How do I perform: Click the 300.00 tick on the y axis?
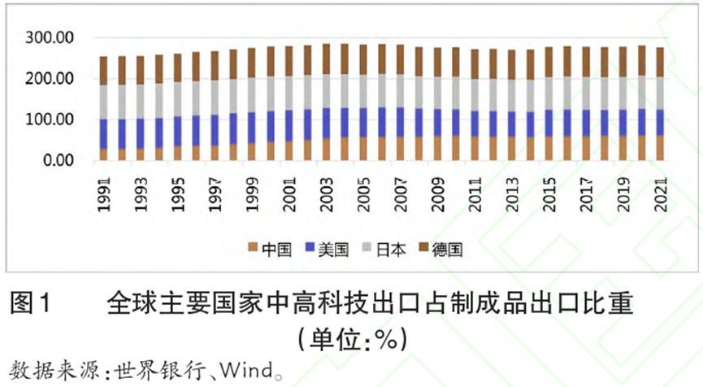50,38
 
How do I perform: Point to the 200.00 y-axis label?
50,79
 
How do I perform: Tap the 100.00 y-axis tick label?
50,120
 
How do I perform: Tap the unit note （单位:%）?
351,335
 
